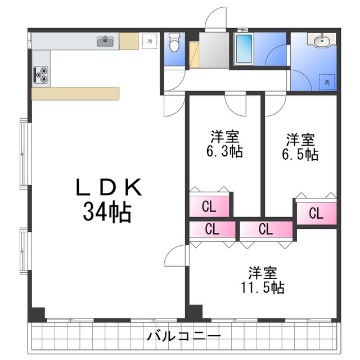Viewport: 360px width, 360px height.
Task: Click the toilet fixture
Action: (x=174, y=42)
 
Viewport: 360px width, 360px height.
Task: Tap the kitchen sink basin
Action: (x=105, y=42)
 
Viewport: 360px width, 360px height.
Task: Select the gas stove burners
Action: (x=41, y=75)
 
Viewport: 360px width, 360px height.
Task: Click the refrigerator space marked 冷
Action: (x=150, y=41)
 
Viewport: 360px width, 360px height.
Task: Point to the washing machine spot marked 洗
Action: (x=327, y=82)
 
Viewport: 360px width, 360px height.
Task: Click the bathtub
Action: (x=244, y=49)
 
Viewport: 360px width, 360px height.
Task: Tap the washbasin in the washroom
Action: (x=321, y=40)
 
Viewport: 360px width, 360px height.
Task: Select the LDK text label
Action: (x=109, y=187)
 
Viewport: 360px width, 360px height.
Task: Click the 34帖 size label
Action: (x=107, y=212)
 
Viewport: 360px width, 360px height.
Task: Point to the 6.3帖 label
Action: (x=224, y=151)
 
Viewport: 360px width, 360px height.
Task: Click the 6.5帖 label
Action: (x=300, y=154)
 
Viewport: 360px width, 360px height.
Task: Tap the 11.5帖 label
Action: (x=263, y=287)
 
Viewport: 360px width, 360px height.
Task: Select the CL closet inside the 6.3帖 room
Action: (x=209, y=206)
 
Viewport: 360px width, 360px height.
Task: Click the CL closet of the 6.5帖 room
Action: (x=316, y=213)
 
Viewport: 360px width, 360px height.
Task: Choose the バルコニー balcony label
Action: (x=184, y=336)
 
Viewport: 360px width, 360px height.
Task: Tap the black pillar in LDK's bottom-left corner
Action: (x=37, y=314)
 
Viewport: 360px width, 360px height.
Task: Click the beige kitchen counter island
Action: (x=75, y=94)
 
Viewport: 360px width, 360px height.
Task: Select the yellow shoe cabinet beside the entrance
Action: (x=194, y=55)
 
